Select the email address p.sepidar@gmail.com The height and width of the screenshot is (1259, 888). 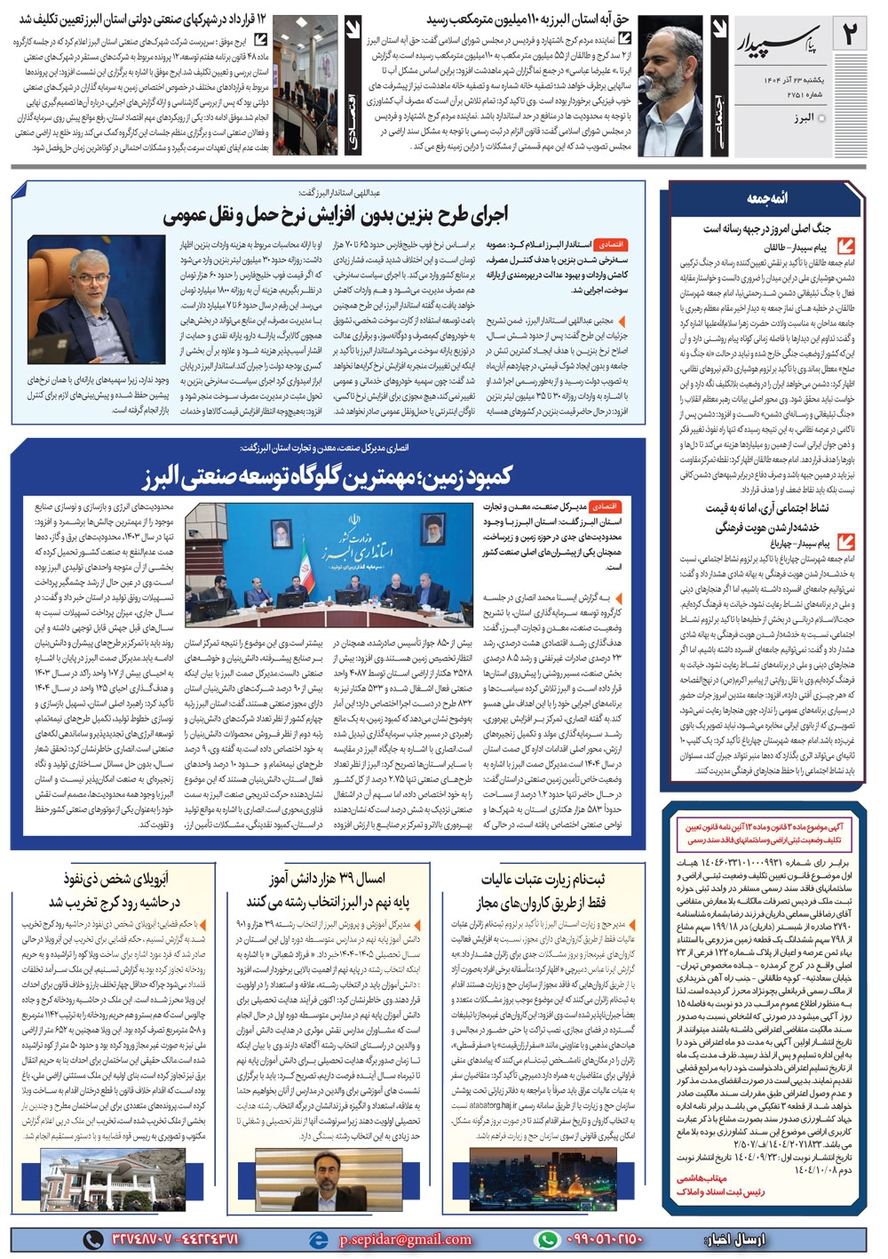pyautogui.click(x=406, y=1239)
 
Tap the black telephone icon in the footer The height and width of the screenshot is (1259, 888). pyautogui.click(x=93, y=1239)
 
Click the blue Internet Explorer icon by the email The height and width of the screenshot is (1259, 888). pyautogui.click(x=318, y=1239)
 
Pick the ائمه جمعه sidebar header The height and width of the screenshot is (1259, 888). pyautogui.click(x=766, y=197)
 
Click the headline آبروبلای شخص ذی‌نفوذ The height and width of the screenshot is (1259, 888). pyautogui.click(x=114, y=890)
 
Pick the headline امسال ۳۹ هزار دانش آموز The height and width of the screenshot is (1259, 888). pyautogui.click(x=328, y=879)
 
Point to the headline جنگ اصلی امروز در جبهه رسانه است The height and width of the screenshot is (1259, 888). pyautogui.click(x=767, y=228)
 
